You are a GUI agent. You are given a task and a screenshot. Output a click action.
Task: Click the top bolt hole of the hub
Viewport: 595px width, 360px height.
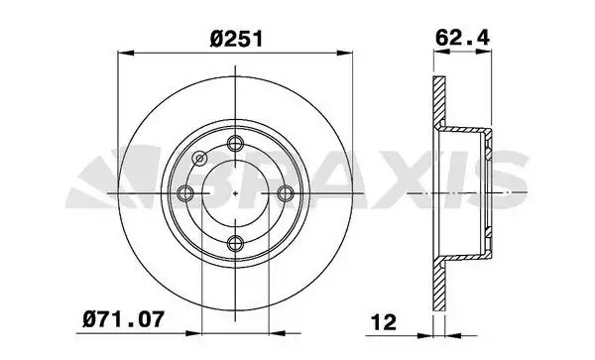[235, 145]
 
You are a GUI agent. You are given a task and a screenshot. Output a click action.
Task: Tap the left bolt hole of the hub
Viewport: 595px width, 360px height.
[185, 193]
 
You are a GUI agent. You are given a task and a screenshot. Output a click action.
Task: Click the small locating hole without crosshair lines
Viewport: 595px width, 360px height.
[200, 157]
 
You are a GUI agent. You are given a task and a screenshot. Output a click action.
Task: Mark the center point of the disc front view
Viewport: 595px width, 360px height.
[235, 193]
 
